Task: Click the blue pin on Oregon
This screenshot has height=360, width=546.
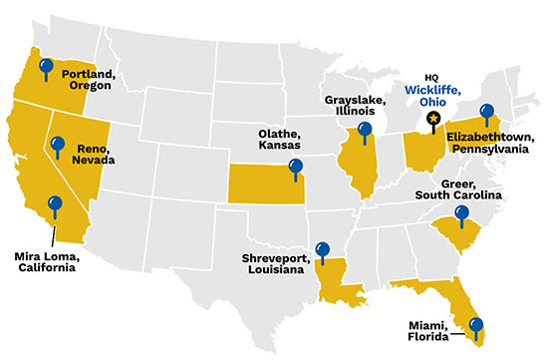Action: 45,67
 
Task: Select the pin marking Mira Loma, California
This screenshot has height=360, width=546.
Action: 55,204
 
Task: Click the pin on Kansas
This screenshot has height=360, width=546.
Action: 294,166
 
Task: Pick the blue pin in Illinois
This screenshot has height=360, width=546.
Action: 365,129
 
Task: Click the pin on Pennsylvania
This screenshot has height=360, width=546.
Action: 487,112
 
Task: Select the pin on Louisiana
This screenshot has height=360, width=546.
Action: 321,248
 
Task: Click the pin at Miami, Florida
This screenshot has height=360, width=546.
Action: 475,324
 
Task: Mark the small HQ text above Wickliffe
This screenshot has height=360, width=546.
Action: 430,76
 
